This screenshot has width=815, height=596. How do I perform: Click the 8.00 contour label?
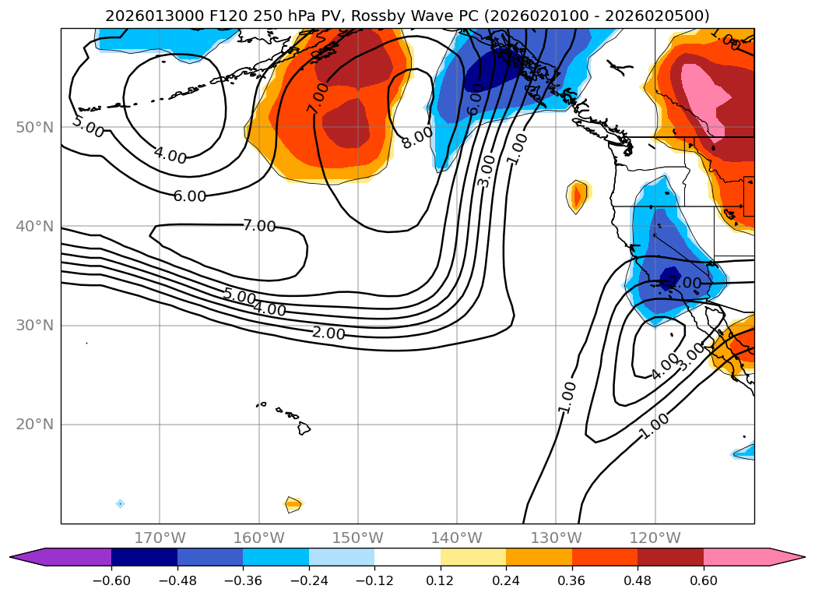(417, 137)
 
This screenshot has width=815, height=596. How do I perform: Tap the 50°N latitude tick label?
(35, 128)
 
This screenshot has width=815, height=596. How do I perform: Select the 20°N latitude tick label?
(35, 425)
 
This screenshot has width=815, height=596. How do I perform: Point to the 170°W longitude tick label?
(160, 538)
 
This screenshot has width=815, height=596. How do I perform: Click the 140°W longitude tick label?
(456, 538)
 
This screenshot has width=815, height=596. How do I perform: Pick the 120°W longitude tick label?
(655, 538)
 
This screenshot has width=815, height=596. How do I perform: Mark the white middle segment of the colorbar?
(407, 556)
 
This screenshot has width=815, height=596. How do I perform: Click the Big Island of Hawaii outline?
(304, 428)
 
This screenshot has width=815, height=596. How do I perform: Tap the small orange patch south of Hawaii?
(293, 504)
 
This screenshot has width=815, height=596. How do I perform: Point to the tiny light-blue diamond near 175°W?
(120, 503)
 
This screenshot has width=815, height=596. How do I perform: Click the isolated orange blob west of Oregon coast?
(577, 196)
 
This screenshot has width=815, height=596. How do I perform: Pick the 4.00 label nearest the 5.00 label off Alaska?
(170, 156)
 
